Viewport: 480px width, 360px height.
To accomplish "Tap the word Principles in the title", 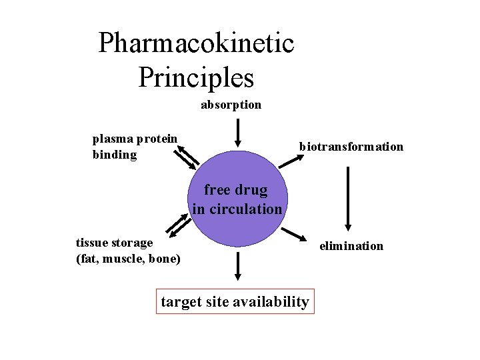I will coord(196,77).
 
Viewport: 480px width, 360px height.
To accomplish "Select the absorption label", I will coord(231,105).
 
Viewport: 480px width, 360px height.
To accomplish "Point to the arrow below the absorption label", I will coord(237,134).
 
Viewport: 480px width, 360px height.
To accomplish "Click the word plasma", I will coord(113,139).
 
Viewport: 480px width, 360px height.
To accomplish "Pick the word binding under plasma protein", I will coord(114,155).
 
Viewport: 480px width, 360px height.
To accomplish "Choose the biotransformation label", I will coord(351,147).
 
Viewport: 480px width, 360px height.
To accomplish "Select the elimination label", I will coord(351,246).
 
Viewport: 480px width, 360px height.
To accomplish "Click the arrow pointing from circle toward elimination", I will coord(293,235).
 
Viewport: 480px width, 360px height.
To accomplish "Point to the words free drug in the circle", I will coord(235,190).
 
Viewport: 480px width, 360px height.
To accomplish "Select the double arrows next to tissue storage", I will coord(177,226).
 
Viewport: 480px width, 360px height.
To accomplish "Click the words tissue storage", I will coord(114,243).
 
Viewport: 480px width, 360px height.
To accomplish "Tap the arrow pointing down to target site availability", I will coord(237,267).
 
